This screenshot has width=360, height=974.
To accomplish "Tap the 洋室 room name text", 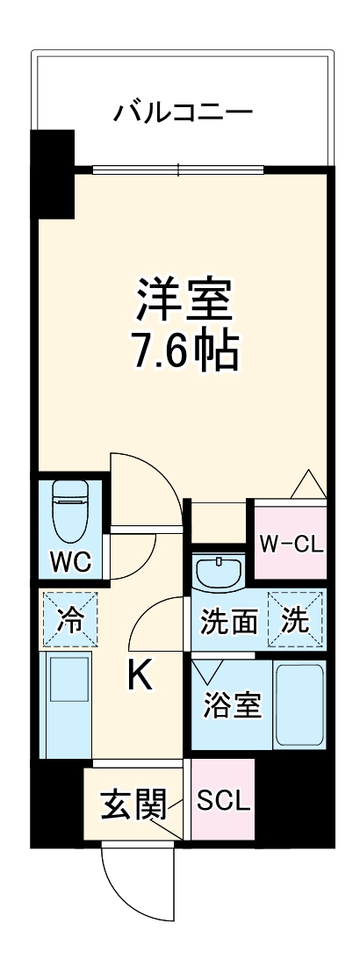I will (183, 299).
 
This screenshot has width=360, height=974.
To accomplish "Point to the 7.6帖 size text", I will (183, 350).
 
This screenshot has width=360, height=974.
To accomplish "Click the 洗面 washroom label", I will (229, 622).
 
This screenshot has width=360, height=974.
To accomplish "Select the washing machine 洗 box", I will (296, 621).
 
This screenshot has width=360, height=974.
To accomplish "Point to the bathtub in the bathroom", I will (299, 704).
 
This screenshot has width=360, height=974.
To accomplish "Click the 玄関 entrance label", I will (133, 804).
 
